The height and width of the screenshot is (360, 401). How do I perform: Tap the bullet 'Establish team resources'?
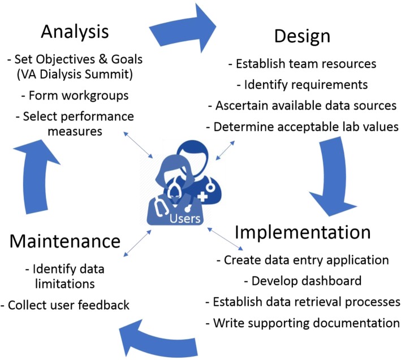(302, 63)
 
